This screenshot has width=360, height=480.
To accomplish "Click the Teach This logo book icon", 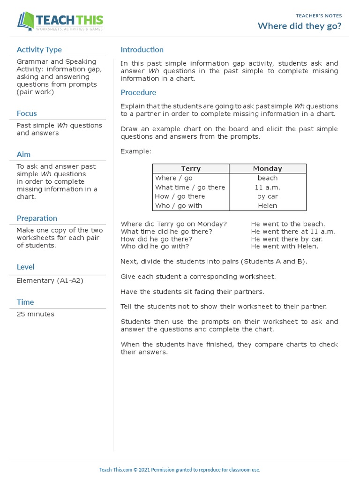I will (27, 21).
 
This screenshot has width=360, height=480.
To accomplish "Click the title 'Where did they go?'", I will (300, 26).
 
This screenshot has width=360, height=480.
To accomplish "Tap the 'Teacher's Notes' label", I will (319, 15).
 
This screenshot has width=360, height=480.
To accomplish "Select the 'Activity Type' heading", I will (39, 50).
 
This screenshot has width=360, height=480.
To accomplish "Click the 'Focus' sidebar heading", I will (26, 113).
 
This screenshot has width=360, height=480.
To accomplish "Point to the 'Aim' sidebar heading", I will (23, 154).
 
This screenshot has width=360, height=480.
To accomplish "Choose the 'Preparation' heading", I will (37, 218).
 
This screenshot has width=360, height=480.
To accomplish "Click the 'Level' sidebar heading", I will (25, 267).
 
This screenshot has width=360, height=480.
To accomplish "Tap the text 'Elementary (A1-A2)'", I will (49, 281).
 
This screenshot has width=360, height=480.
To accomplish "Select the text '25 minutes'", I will (35, 314).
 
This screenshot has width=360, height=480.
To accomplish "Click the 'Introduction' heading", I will (142, 50).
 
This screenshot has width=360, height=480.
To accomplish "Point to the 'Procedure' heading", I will (138, 92).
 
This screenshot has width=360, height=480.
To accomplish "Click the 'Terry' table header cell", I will (191, 169).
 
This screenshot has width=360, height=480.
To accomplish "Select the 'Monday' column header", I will (267, 169).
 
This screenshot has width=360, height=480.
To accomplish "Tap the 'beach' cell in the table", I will (267, 178).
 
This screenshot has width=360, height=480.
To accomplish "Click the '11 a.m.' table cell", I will (267, 187).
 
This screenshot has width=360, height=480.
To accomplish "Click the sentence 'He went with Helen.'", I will (284, 246).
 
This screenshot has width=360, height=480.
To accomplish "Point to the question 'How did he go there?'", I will (157, 239).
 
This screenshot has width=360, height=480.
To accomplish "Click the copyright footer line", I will (180, 470).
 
